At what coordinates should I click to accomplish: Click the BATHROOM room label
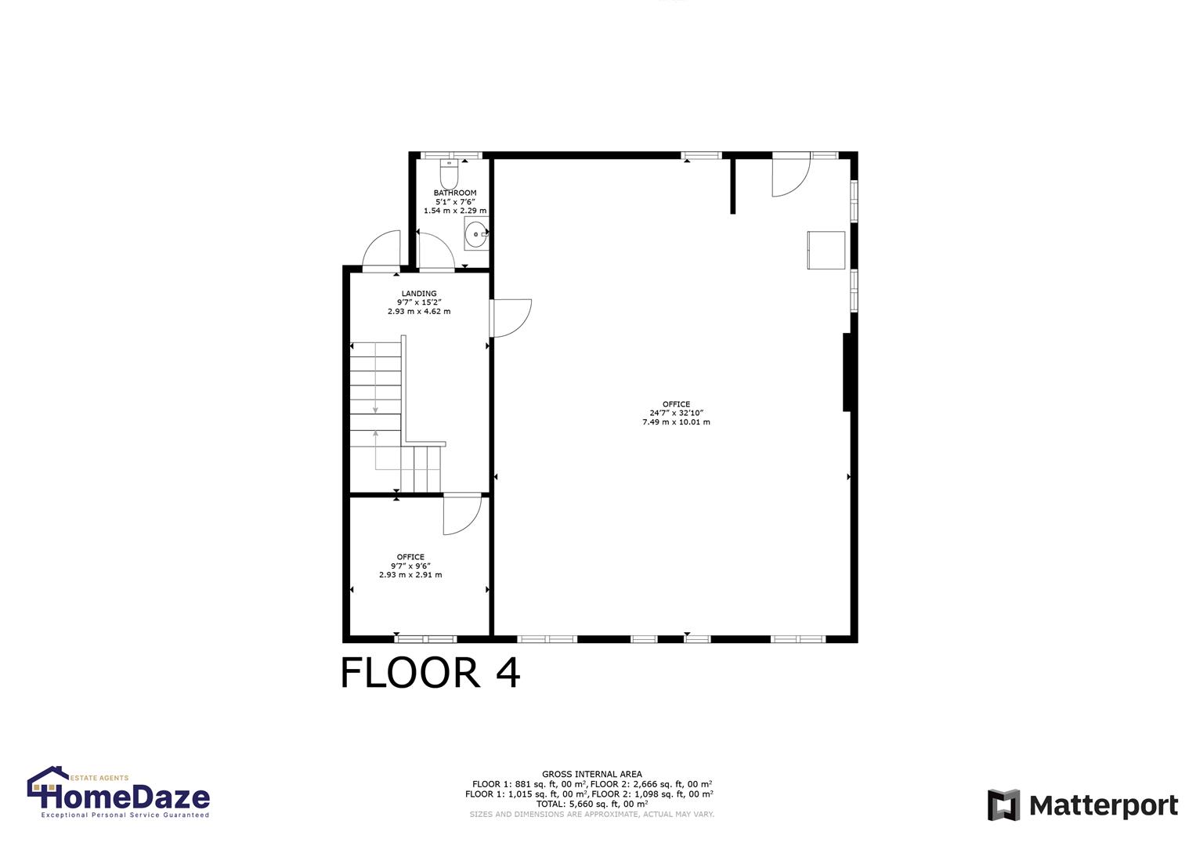(x=455, y=193)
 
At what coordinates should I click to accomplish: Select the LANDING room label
(x=419, y=294)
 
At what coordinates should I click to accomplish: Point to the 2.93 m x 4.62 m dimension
(x=419, y=312)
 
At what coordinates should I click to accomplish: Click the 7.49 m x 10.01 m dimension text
(x=676, y=422)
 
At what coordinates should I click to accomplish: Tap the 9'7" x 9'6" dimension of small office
(x=410, y=566)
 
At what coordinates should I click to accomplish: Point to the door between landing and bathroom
(x=434, y=251)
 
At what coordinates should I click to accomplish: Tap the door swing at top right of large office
(x=790, y=176)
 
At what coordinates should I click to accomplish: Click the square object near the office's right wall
(x=826, y=250)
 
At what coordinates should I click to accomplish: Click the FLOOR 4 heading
(x=430, y=673)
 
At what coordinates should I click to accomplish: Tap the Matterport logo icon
(x=1003, y=805)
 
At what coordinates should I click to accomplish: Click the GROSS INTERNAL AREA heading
(x=591, y=774)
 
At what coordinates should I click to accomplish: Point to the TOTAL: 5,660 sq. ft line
(x=591, y=804)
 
